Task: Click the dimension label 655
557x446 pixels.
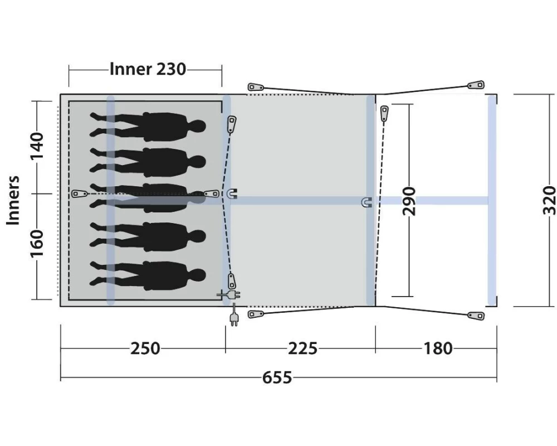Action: [x=277, y=377]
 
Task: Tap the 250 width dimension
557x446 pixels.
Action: [x=145, y=348]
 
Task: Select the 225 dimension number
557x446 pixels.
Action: [x=302, y=348]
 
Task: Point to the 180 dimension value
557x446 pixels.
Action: [x=438, y=348]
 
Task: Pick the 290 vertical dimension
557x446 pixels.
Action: [x=409, y=201]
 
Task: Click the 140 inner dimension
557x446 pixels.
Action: [x=37, y=146]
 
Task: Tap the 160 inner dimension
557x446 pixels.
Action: [x=37, y=243]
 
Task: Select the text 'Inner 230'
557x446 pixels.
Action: [x=148, y=69]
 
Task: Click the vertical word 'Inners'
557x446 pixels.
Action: [x=13, y=200]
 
